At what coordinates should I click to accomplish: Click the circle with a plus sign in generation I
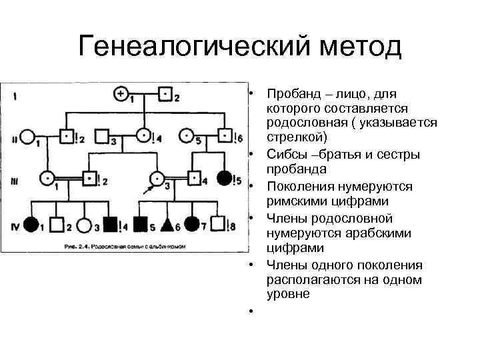click(121, 94)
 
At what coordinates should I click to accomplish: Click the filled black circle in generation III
click(225, 178)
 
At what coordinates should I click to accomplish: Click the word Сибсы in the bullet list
click(285, 155)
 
